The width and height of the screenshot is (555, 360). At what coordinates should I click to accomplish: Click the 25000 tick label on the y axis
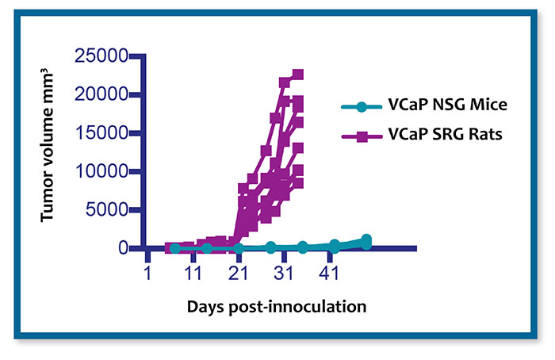point(101,56)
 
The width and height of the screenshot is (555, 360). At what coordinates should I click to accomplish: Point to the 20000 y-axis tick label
point(101,94)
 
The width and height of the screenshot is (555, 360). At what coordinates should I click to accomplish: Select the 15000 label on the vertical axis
point(101,132)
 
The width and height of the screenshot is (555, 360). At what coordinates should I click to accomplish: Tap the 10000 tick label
point(101,171)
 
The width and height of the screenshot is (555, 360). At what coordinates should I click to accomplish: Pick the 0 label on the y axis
point(123,248)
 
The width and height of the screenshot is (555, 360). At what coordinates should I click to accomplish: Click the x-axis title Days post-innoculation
point(277,306)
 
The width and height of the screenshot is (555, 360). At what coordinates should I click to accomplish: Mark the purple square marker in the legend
point(362,136)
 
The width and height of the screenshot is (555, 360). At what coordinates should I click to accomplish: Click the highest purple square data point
point(298,75)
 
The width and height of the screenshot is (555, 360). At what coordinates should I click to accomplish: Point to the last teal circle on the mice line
point(366,239)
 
